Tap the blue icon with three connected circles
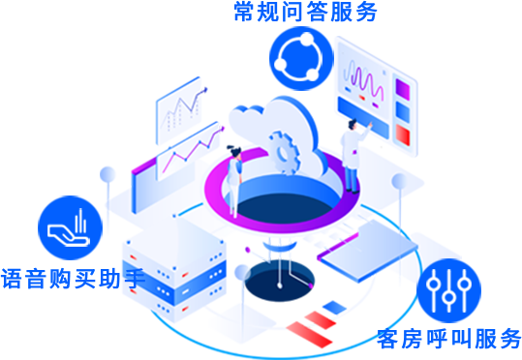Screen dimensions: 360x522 (301, 57)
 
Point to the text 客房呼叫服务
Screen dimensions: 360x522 (448, 339)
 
